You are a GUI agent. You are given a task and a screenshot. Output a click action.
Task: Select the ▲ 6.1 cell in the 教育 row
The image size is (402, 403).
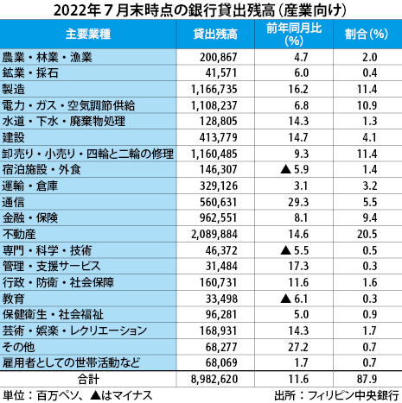291,296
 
